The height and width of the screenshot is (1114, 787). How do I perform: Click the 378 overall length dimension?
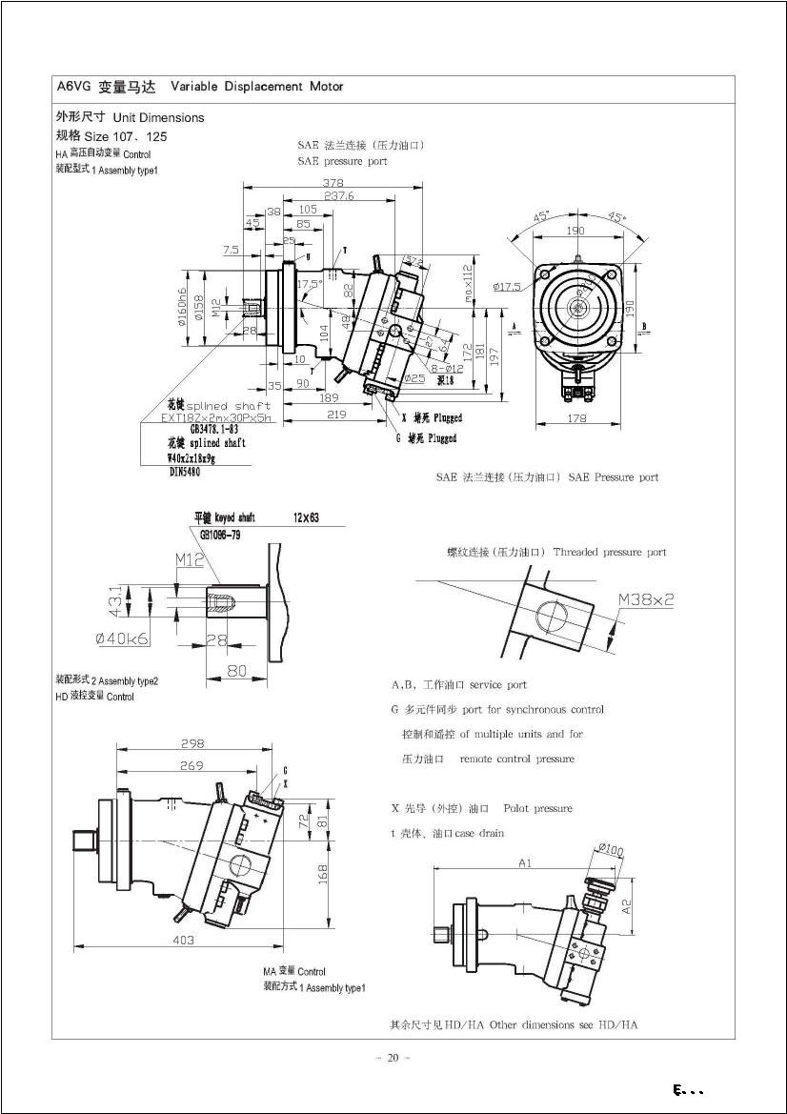pos(333,183)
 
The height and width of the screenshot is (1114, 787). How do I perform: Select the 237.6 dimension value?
pos(337,195)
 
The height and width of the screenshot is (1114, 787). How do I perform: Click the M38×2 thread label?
pos(646,599)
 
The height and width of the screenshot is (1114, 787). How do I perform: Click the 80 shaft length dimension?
pos(236,671)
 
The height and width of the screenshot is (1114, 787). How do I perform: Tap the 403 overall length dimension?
pos(184,940)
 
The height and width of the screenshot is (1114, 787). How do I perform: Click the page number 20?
pos(393,1057)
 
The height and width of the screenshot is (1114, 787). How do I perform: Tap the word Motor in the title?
pos(326,87)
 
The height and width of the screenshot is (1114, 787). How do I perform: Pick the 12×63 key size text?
pos(306,518)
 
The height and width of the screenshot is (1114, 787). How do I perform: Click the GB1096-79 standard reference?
pos(219,536)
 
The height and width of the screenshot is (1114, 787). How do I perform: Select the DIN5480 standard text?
pos(188,471)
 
